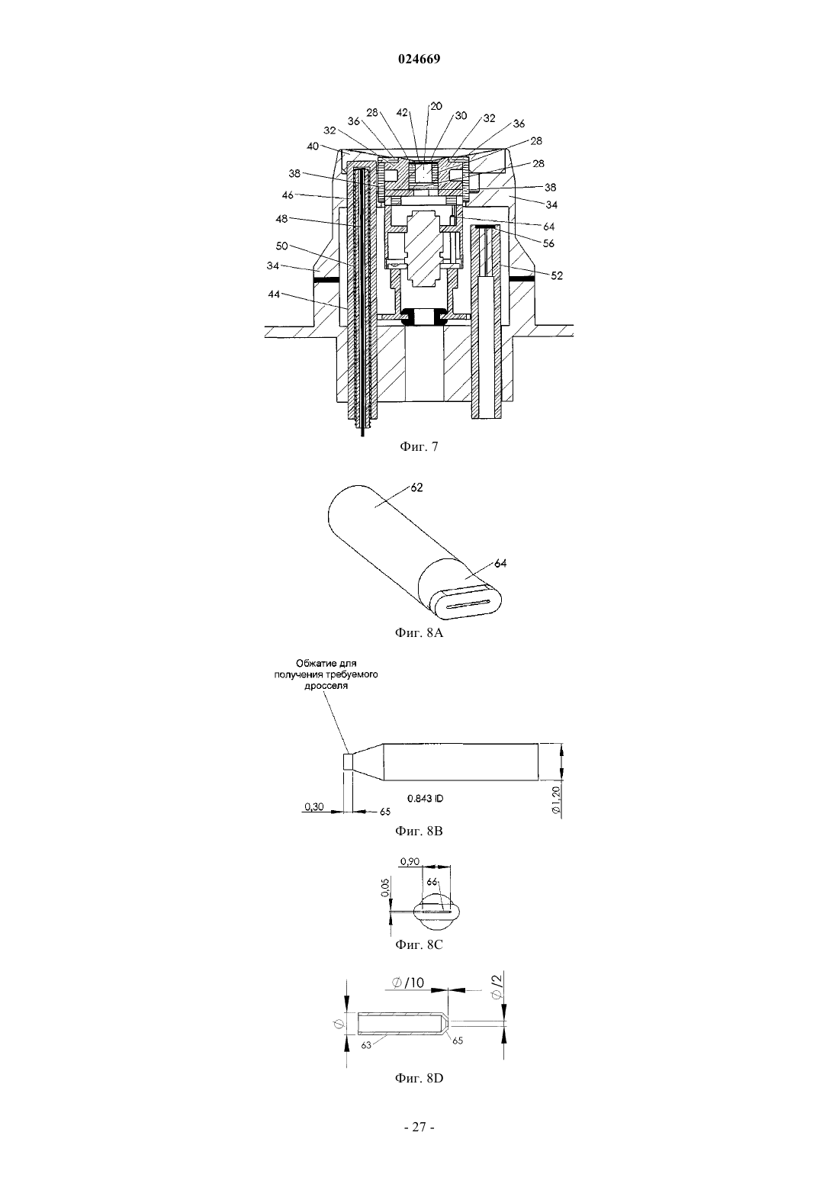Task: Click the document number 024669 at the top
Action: (419, 60)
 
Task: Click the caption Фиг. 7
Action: (419, 447)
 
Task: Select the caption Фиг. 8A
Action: (419, 632)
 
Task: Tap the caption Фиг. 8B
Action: (419, 831)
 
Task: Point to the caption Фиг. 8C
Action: (419, 944)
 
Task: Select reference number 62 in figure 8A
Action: (417, 487)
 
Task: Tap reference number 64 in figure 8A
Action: (500, 563)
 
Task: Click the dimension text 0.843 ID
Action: (425, 798)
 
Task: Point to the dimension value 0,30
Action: (314, 806)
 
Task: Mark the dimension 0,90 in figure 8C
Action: (410, 861)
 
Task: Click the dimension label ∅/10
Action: (408, 983)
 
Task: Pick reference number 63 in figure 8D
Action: (366, 1045)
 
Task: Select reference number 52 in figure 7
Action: (557, 275)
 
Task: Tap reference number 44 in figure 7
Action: (273, 294)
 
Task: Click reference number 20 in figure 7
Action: (436, 107)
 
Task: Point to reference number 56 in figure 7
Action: (548, 243)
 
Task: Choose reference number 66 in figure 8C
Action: (432, 882)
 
